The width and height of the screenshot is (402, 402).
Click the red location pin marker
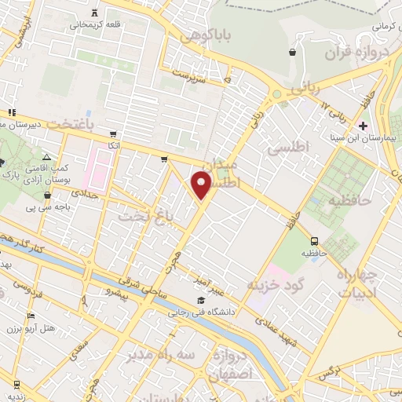pos(203,185)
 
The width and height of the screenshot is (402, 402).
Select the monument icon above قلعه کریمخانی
pos(95,12)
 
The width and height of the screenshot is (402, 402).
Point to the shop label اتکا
pos(115,146)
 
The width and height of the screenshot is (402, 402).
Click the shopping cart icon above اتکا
pos(115,133)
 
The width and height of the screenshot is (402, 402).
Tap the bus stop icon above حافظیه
pos(315,241)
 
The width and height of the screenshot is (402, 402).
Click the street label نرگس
pos(333,370)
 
